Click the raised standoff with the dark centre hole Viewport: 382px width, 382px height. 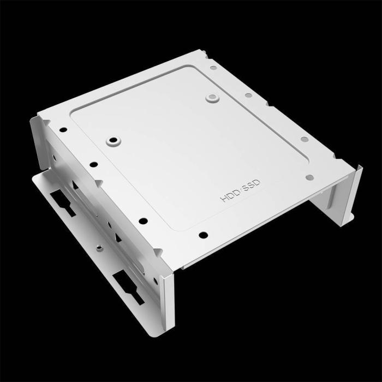(113, 140)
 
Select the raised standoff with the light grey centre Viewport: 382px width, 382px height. (211, 98)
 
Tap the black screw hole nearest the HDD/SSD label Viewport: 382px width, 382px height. (203, 235)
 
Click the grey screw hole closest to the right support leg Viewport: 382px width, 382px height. (309, 177)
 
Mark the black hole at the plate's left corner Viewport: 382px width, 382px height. (63, 130)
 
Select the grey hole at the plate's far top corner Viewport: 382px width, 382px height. (213, 68)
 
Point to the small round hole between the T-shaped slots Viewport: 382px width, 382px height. (99, 248)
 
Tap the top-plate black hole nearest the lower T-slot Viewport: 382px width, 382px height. (143, 221)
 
